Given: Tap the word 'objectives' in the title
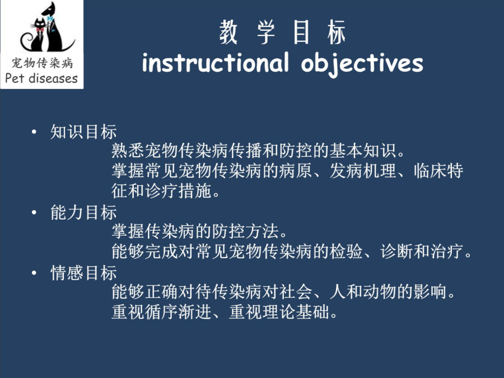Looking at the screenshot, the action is pyautogui.click(x=362, y=64).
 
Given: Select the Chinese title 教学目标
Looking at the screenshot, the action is pyautogui.click(x=283, y=32).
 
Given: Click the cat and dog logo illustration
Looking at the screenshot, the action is pyautogui.click(x=48, y=27).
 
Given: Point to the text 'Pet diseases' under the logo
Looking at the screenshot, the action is pyautogui.click(x=41, y=78).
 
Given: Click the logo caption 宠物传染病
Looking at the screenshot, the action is pyautogui.click(x=42, y=63).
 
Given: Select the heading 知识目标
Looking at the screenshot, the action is pyautogui.click(x=83, y=132).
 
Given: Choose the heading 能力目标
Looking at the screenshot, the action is pyautogui.click(x=83, y=212).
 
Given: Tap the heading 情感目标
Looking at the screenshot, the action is pyautogui.click(x=83, y=273).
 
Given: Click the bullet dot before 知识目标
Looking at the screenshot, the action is pyautogui.click(x=34, y=132).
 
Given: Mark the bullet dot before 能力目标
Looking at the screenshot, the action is pyautogui.click(x=34, y=212).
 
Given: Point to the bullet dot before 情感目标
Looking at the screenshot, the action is pyautogui.click(x=34, y=273).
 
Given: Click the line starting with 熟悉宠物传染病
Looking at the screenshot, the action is pyautogui.click(x=258, y=151).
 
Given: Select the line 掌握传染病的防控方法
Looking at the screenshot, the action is pyautogui.click(x=199, y=231).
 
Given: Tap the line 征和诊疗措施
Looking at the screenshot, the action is pyautogui.click(x=166, y=191).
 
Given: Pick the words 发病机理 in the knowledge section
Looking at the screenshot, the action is pyautogui.click(x=362, y=171).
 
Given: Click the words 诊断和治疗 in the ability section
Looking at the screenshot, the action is pyautogui.click(x=421, y=251).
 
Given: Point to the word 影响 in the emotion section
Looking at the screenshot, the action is pyautogui.click(x=430, y=292).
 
